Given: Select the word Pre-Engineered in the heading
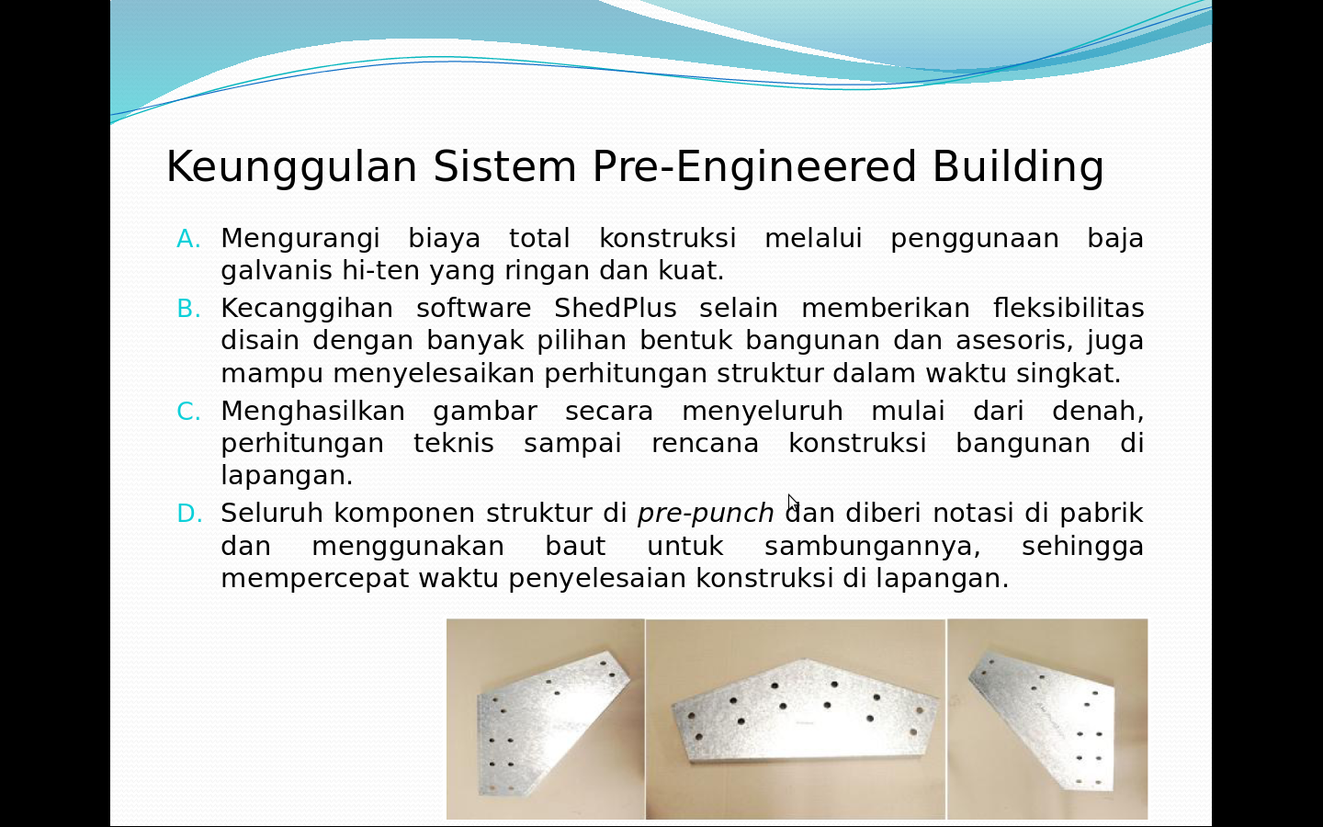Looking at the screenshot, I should click(x=753, y=168).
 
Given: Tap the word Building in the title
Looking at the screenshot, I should click(x=1017, y=168).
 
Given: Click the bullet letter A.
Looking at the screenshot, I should click(x=188, y=239).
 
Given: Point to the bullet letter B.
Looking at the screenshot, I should click(x=188, y=309).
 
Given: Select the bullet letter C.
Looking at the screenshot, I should click(x=188, y=412).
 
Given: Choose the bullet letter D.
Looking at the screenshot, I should click(x=188, y=514).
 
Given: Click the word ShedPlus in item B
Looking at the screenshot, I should click(x=615, y=308).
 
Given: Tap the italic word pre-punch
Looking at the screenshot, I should click(x=705, y=514).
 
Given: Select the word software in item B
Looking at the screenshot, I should click(x=473, y=308).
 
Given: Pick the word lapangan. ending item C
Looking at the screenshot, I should click(x=286, y=476).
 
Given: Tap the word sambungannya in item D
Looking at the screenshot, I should click(x=872, y=547).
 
